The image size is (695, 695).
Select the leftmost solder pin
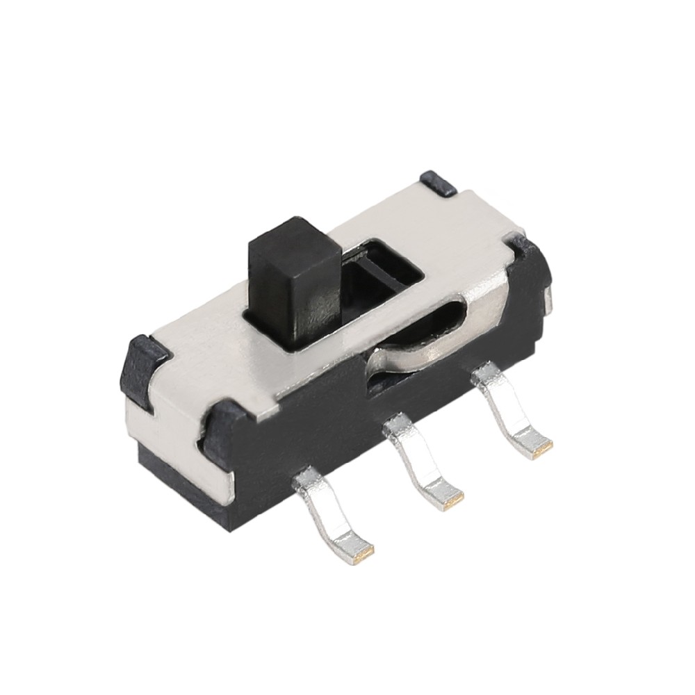point(334,514)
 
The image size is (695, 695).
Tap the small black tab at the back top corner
point(438,182)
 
